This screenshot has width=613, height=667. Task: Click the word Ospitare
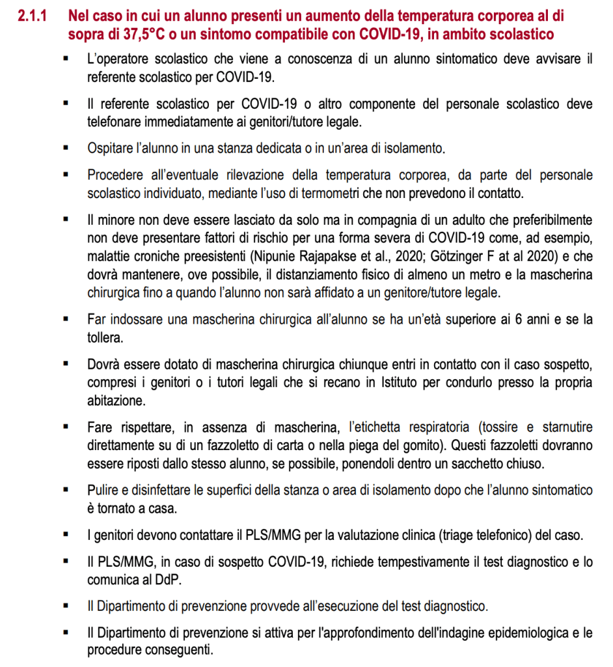[109, 148]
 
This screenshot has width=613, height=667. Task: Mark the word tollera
[105, 337]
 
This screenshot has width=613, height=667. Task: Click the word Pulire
[102, 490]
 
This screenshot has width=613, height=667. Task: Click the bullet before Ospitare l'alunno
[66, 148]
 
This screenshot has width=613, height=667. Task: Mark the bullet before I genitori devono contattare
[66, 535]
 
